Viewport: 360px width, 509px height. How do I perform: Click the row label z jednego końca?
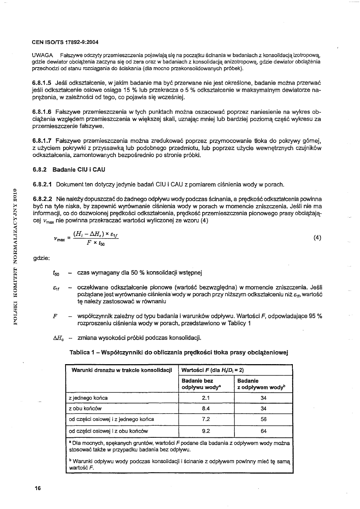point(89,398)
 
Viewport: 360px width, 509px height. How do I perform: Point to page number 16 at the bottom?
point(38,488)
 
